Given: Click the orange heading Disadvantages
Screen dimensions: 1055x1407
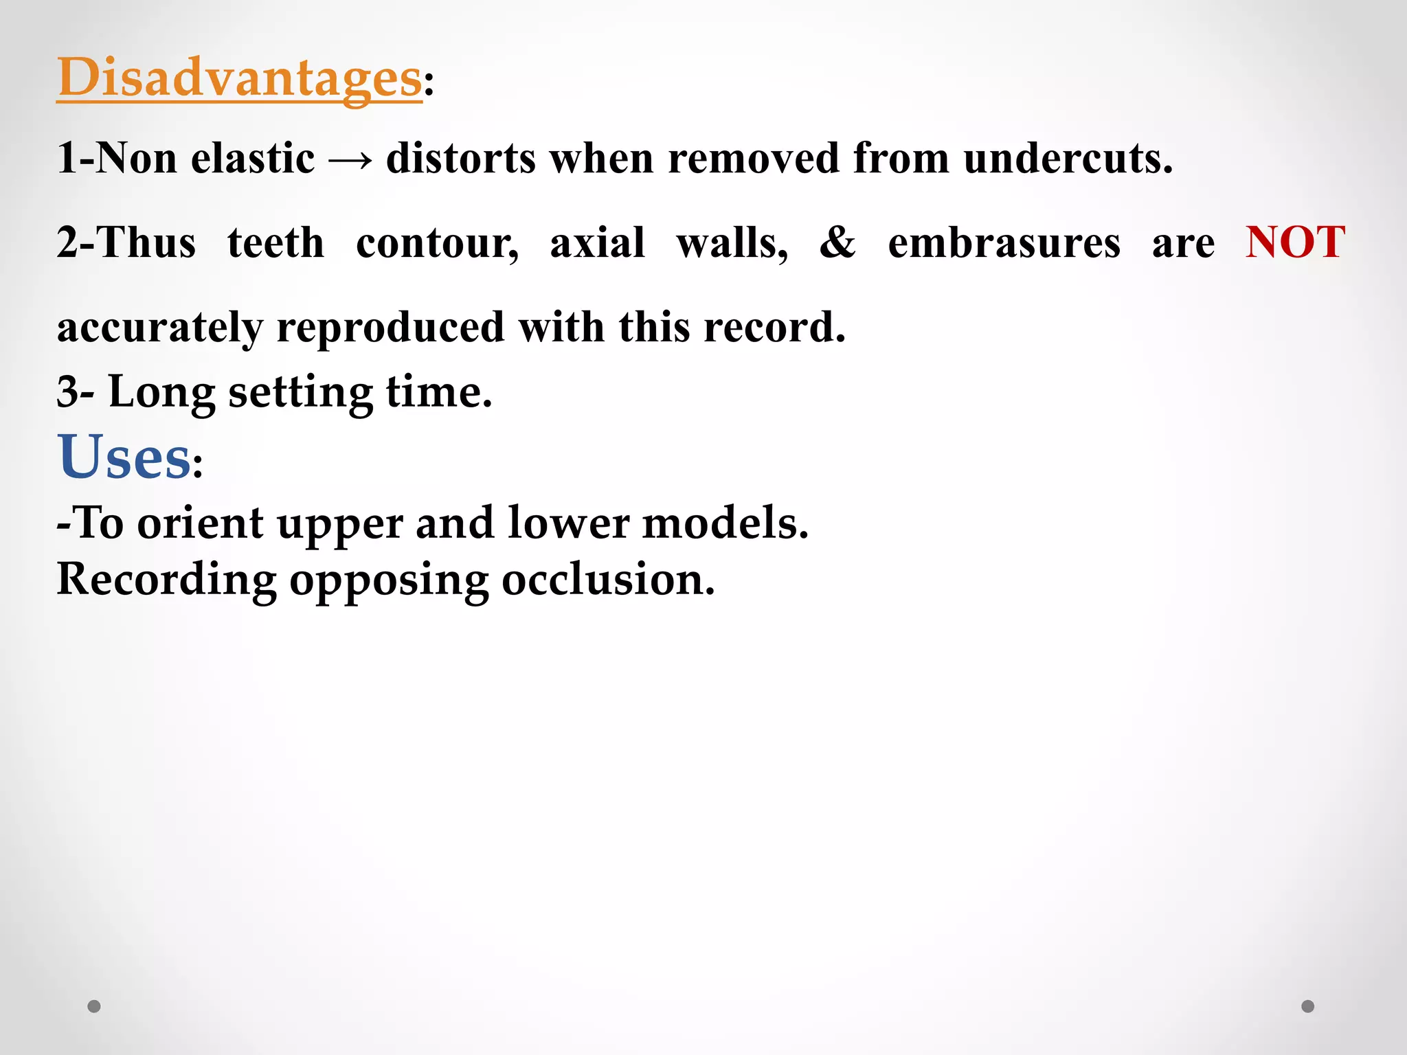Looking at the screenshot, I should (239, 78).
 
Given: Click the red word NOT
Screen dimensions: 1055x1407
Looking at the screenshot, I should (1294, 242).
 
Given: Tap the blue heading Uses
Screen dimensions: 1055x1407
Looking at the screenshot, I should (124, 457).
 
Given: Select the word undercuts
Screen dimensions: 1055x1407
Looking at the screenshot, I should (1068, 159).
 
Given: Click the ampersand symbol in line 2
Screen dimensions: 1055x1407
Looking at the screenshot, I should (837, 242).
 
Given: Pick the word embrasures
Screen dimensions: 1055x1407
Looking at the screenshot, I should (1004, 244).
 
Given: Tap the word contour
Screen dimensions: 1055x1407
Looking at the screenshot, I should (437, 244).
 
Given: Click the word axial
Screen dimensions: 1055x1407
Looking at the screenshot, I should (597, 242).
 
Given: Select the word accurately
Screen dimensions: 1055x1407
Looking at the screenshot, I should (160, 328).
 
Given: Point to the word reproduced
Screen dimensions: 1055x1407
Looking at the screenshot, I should (390, 327).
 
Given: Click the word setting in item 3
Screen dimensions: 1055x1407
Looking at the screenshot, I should (300, 394).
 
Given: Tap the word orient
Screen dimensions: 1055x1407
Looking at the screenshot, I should (200, 524).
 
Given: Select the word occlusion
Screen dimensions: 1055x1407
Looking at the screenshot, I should (608, 580).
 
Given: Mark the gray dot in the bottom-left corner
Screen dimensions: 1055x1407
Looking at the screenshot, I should (94, 1006).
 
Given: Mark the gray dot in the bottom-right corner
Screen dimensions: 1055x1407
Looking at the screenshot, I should (1308, 1006).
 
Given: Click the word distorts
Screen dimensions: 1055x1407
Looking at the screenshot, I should (461, 159).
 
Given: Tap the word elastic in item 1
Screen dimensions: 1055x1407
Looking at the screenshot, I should (253, 159).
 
